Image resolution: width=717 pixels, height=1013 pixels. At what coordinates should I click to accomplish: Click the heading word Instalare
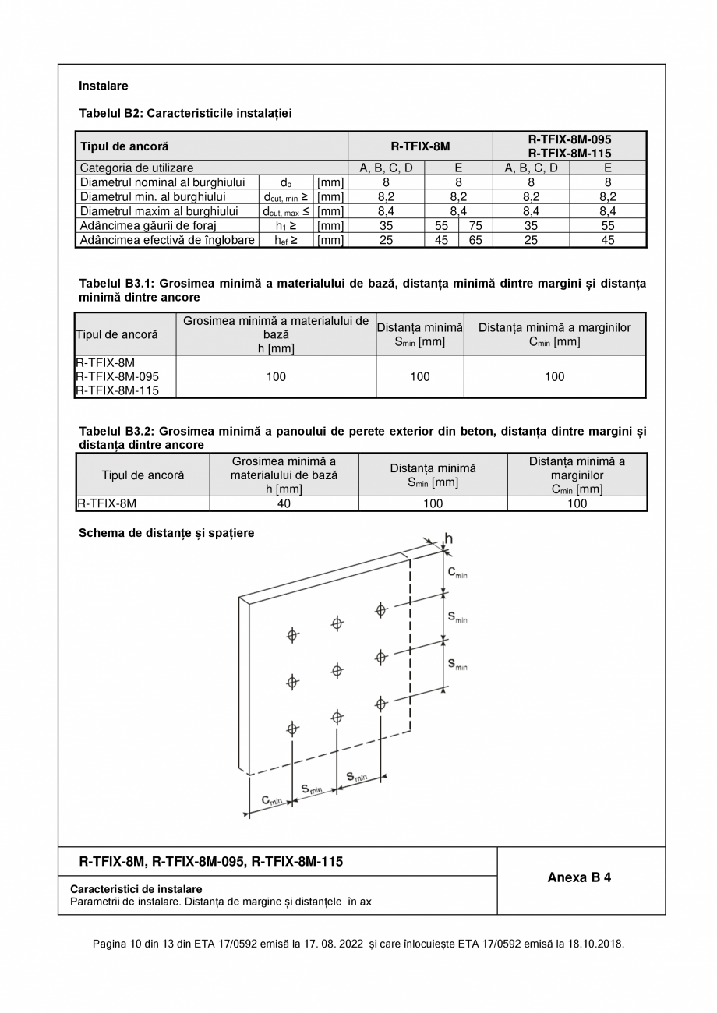click(x=103, y=86)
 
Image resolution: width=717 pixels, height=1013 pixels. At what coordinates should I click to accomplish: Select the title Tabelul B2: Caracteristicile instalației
click(x=185, y=113)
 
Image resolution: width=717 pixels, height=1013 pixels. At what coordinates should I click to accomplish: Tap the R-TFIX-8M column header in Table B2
click(x=420, y=146)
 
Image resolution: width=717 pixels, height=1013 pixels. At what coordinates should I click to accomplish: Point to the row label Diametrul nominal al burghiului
click(x=162, y=182)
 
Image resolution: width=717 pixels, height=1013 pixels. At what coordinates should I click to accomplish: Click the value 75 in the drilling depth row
click(x=475, y=226)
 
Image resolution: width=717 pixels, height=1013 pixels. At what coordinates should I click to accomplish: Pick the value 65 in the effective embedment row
click(x=475, y=240)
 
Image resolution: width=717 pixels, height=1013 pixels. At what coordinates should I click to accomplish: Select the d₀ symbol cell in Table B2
click(x=286, y=182)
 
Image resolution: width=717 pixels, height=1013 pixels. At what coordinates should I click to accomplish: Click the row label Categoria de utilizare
click(x=136, y=168)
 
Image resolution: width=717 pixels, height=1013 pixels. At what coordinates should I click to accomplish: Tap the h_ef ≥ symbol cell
click(x=286, y=240)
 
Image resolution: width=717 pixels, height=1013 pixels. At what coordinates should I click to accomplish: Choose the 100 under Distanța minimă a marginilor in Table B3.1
click(x=554, y=376)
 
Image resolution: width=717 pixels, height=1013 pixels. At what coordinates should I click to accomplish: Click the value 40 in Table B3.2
click(x=284, y=503)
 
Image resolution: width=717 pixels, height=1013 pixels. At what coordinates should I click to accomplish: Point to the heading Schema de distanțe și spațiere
click(x=166, y=533)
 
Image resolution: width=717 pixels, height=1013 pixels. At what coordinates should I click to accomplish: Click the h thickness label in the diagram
click(x=448, y=538)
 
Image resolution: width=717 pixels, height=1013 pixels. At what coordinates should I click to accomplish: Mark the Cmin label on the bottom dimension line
click(x=271, y=800)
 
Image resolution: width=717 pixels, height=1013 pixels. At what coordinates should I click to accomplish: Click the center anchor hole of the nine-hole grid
click(x=337, y=670)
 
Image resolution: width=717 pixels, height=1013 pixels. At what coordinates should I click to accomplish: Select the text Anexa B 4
click(x=579, y=877)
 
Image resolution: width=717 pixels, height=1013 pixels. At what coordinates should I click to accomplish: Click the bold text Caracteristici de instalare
click(x=136, y=889)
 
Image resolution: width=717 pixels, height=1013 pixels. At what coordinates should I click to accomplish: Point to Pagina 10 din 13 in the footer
click(x=131, y=944)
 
